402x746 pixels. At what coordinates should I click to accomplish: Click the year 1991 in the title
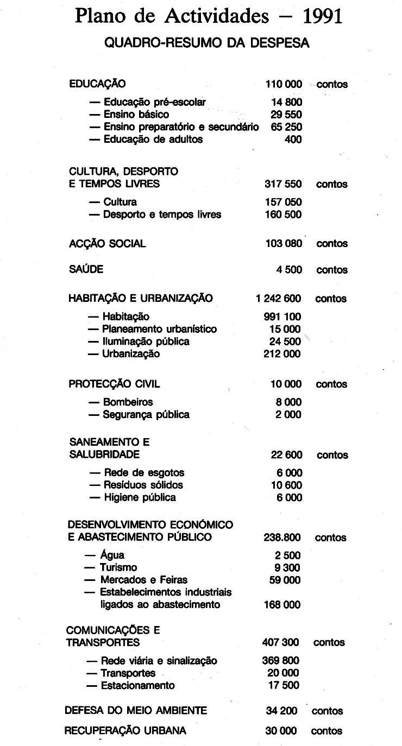(x=323, y=16)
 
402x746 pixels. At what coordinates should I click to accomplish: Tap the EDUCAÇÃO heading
(x=97, y=84)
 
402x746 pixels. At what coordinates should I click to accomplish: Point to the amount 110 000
(x=284, y=84)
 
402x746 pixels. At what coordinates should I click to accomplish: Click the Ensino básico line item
(x=136, y=115)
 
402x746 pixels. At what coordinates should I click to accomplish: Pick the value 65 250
(x=286, y=127)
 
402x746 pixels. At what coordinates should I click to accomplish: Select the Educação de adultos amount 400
(x=293, y=140)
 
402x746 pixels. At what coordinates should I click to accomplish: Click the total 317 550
(x=283, y=184)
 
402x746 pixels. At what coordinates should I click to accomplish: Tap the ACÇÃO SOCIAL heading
(x=107, y=244)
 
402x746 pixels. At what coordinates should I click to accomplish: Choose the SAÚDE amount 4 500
(x=289, y=270)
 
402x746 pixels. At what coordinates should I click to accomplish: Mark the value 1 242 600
(x=278, y=299)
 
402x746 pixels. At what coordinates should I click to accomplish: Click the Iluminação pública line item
(x=146, y=342)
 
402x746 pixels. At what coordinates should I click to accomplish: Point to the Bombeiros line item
(x=128, y=402)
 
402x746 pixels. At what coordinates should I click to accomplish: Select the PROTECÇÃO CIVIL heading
(x=114, y=384)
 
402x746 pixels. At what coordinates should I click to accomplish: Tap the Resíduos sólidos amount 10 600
(x=286, y=485)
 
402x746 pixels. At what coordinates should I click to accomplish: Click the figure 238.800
(x=282, y=538)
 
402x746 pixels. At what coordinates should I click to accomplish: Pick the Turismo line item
(x=118, y=568)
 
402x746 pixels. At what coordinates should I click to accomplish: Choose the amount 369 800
(x=281, y=661)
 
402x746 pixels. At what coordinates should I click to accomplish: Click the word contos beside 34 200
(x=328, y=711)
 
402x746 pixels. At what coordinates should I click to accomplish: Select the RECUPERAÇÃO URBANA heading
(x=125, y=731)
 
